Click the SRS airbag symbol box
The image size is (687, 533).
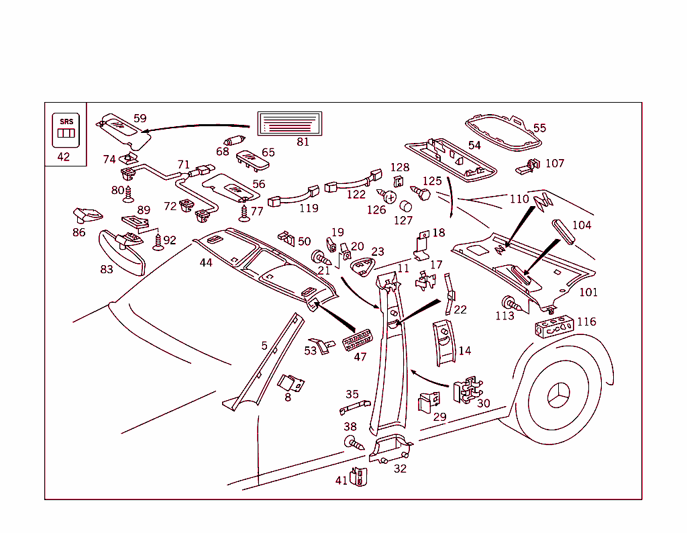point(66,130)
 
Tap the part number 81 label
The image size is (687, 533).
point(303,142)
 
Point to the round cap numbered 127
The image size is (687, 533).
point(405,206)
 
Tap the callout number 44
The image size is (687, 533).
point(206,262)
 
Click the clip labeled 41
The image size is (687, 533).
point(360,477)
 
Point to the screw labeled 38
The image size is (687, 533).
point(352,443)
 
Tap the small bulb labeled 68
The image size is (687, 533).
point(235,141)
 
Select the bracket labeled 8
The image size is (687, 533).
point(291,383)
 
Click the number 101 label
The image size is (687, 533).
point(588,293)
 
